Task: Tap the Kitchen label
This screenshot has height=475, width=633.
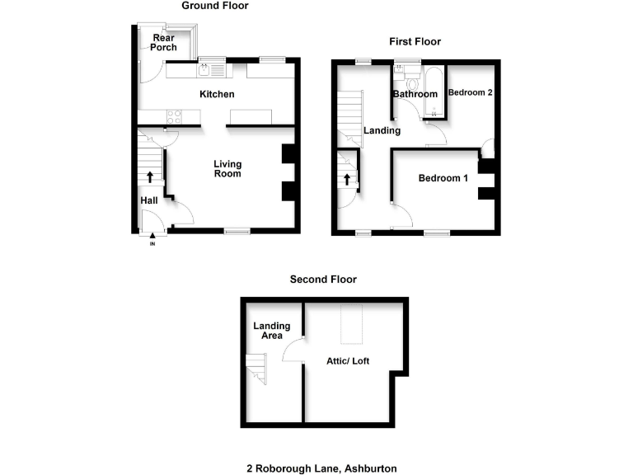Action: point(218,95)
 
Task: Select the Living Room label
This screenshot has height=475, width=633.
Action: point(227,169)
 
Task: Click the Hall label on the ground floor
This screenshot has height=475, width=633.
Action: point(149,200)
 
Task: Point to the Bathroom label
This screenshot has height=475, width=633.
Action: point(415,94)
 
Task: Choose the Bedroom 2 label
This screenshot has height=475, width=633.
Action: point(470,92)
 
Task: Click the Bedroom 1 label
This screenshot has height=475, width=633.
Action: point(443,178)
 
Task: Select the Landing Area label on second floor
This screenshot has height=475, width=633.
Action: point(268,330)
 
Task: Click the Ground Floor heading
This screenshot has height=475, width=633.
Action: point(215,6)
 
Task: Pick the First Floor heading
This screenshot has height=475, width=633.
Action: point(415,41)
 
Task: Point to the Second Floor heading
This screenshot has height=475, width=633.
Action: point(323,280)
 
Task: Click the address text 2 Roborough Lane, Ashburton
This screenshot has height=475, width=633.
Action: point(321,468)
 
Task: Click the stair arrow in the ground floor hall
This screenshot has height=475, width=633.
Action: point(149,176)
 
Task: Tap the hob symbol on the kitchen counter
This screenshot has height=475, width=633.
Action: point(174,115)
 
